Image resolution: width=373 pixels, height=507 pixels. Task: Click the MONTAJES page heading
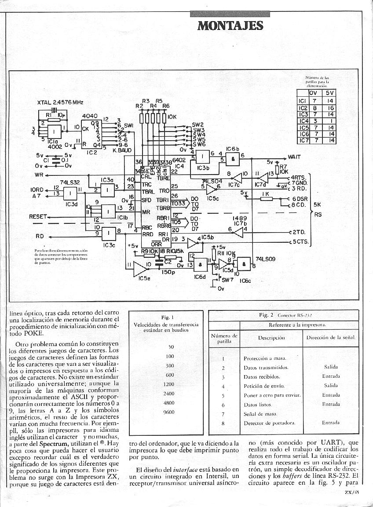pyautogui.click(x=230, y=26)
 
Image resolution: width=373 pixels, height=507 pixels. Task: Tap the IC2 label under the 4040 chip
pyautogui.click(x=92, y=153)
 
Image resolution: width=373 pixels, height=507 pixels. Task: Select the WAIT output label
pyautogui.click(x=294, y=157)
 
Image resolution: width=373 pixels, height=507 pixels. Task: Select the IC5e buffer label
pyautogui.click(x=144, y=278)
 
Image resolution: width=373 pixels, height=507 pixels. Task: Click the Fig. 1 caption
pyautogui.click(x=168, y=317)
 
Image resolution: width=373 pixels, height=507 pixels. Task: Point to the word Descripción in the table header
pyautogui.click(x=271, y=338)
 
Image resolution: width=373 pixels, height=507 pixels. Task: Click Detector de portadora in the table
pyautogui.click(x=269, y=423)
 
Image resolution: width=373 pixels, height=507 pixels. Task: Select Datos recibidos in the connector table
pyautogui.click(x=262, y=377)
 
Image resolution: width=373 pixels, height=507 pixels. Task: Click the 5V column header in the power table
pyautogui.click(x=330, y=93)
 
